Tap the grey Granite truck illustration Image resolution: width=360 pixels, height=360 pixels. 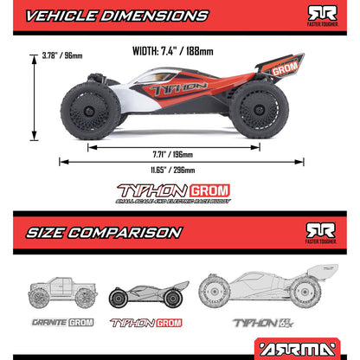coord(61,294)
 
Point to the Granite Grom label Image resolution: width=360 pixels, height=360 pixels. coord(61,323)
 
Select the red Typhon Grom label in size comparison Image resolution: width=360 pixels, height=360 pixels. coord(145,323)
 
